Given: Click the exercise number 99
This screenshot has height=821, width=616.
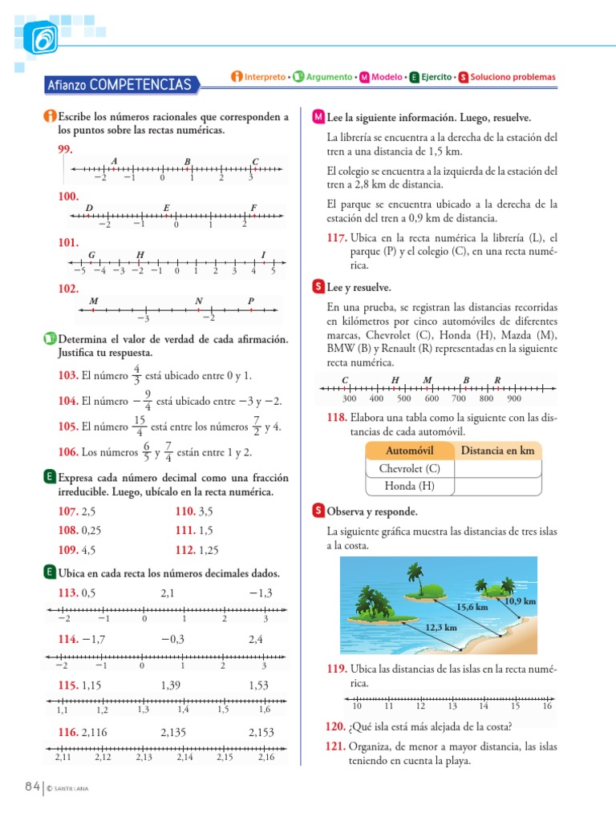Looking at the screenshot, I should [x=66, y=150].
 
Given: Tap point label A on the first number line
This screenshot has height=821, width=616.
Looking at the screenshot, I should [x=115, y=161].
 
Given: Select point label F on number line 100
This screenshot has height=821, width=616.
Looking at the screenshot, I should [x=253, y=208].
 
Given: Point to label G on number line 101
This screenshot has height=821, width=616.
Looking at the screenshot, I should [x=92, y=255].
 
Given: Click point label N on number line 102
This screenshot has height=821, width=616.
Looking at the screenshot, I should [x=198, y=301].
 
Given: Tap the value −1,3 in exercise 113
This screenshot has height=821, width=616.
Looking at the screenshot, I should [x=261, y=592].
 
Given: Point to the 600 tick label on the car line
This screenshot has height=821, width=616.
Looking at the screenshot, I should [x=432, y=398].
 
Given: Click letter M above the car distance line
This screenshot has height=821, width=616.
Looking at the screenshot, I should [x=427, y=379].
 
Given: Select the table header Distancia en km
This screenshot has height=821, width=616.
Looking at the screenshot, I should [x=497, y=451].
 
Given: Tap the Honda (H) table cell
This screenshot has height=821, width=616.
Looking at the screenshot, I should [x=409, y=486].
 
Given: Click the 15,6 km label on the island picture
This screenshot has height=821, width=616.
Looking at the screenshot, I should [x=472, y=607].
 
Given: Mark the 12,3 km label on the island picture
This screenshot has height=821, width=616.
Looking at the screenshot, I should [x=440, y=628].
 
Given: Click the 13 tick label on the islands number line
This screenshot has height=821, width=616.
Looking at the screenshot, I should [x=452, y=706].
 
